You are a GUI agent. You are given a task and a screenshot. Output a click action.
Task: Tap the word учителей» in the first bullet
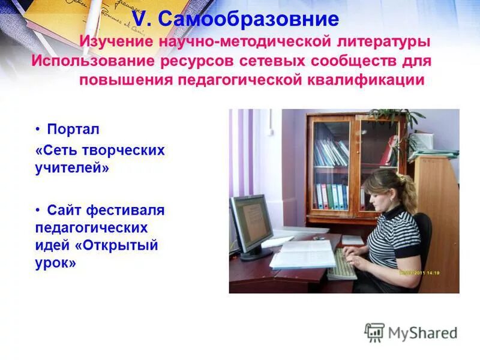click(73, 168)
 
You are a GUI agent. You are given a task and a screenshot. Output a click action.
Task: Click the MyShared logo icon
click(374, 332)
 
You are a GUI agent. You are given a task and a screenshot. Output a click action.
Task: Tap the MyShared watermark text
click(422, 333)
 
